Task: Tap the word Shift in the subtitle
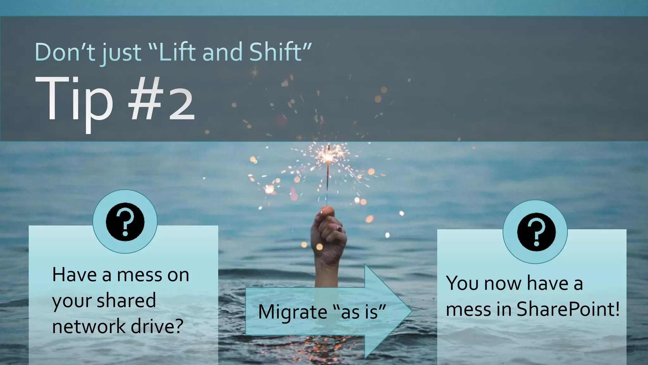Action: pyautogui.click(x=275, y=52)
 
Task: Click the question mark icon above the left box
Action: pyautogui.click(x=125, y=221)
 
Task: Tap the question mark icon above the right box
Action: pyautogui.click(x=535, y=232)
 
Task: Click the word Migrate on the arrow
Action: pyautogui.click(x=292, y=312)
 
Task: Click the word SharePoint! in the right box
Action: pyautogui.click(x=568, y=309)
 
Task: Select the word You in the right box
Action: pyautogui.click(x=462, y=283)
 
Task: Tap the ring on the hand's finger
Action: pyautogui.click(x=339, y=228)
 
